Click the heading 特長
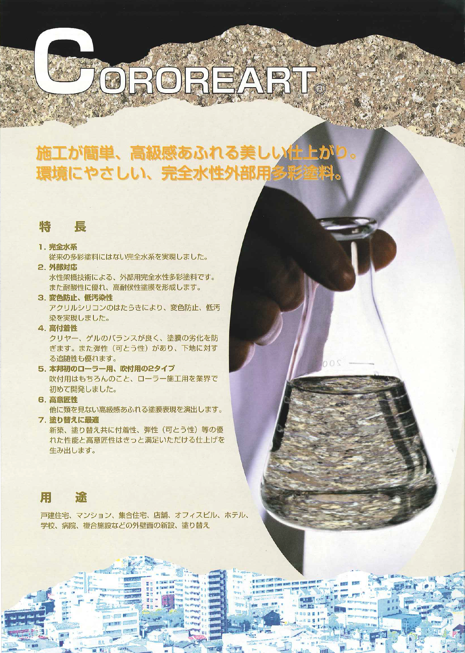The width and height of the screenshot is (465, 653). point(63,227)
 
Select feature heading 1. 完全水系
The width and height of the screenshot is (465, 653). point(58,246)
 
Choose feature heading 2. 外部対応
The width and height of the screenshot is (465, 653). point(58,267)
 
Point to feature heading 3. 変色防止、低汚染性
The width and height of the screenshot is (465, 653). point(76,297)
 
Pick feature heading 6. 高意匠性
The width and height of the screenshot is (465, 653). point(58,399)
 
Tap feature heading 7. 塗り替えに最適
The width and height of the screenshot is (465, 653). point(69,420)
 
